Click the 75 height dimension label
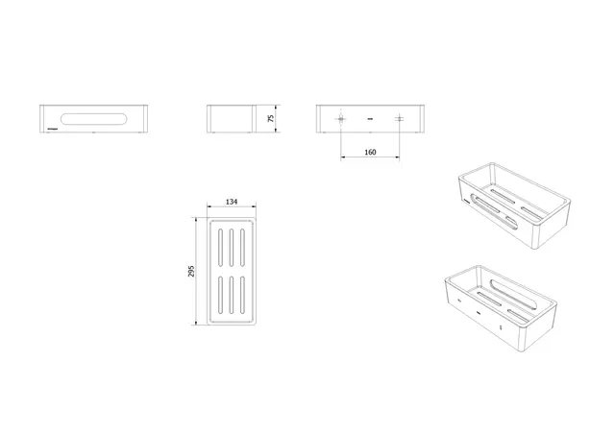[271, 118]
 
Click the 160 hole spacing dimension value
[371, 152]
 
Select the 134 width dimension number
[231, 203]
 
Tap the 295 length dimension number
[192, 271]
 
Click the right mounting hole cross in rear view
[399, 119]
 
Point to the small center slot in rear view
[370, 119]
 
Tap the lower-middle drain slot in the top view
[231, 295]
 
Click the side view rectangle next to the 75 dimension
[231, 118]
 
